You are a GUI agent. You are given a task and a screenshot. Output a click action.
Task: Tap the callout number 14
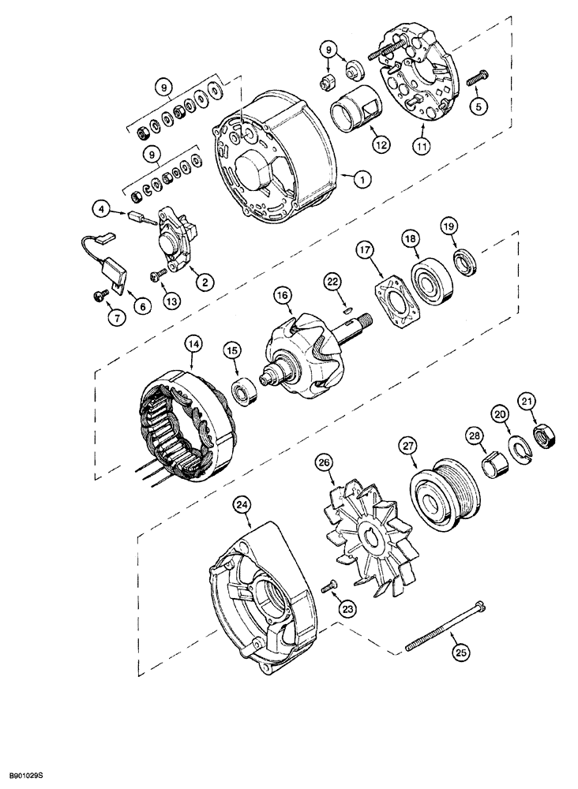193,343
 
